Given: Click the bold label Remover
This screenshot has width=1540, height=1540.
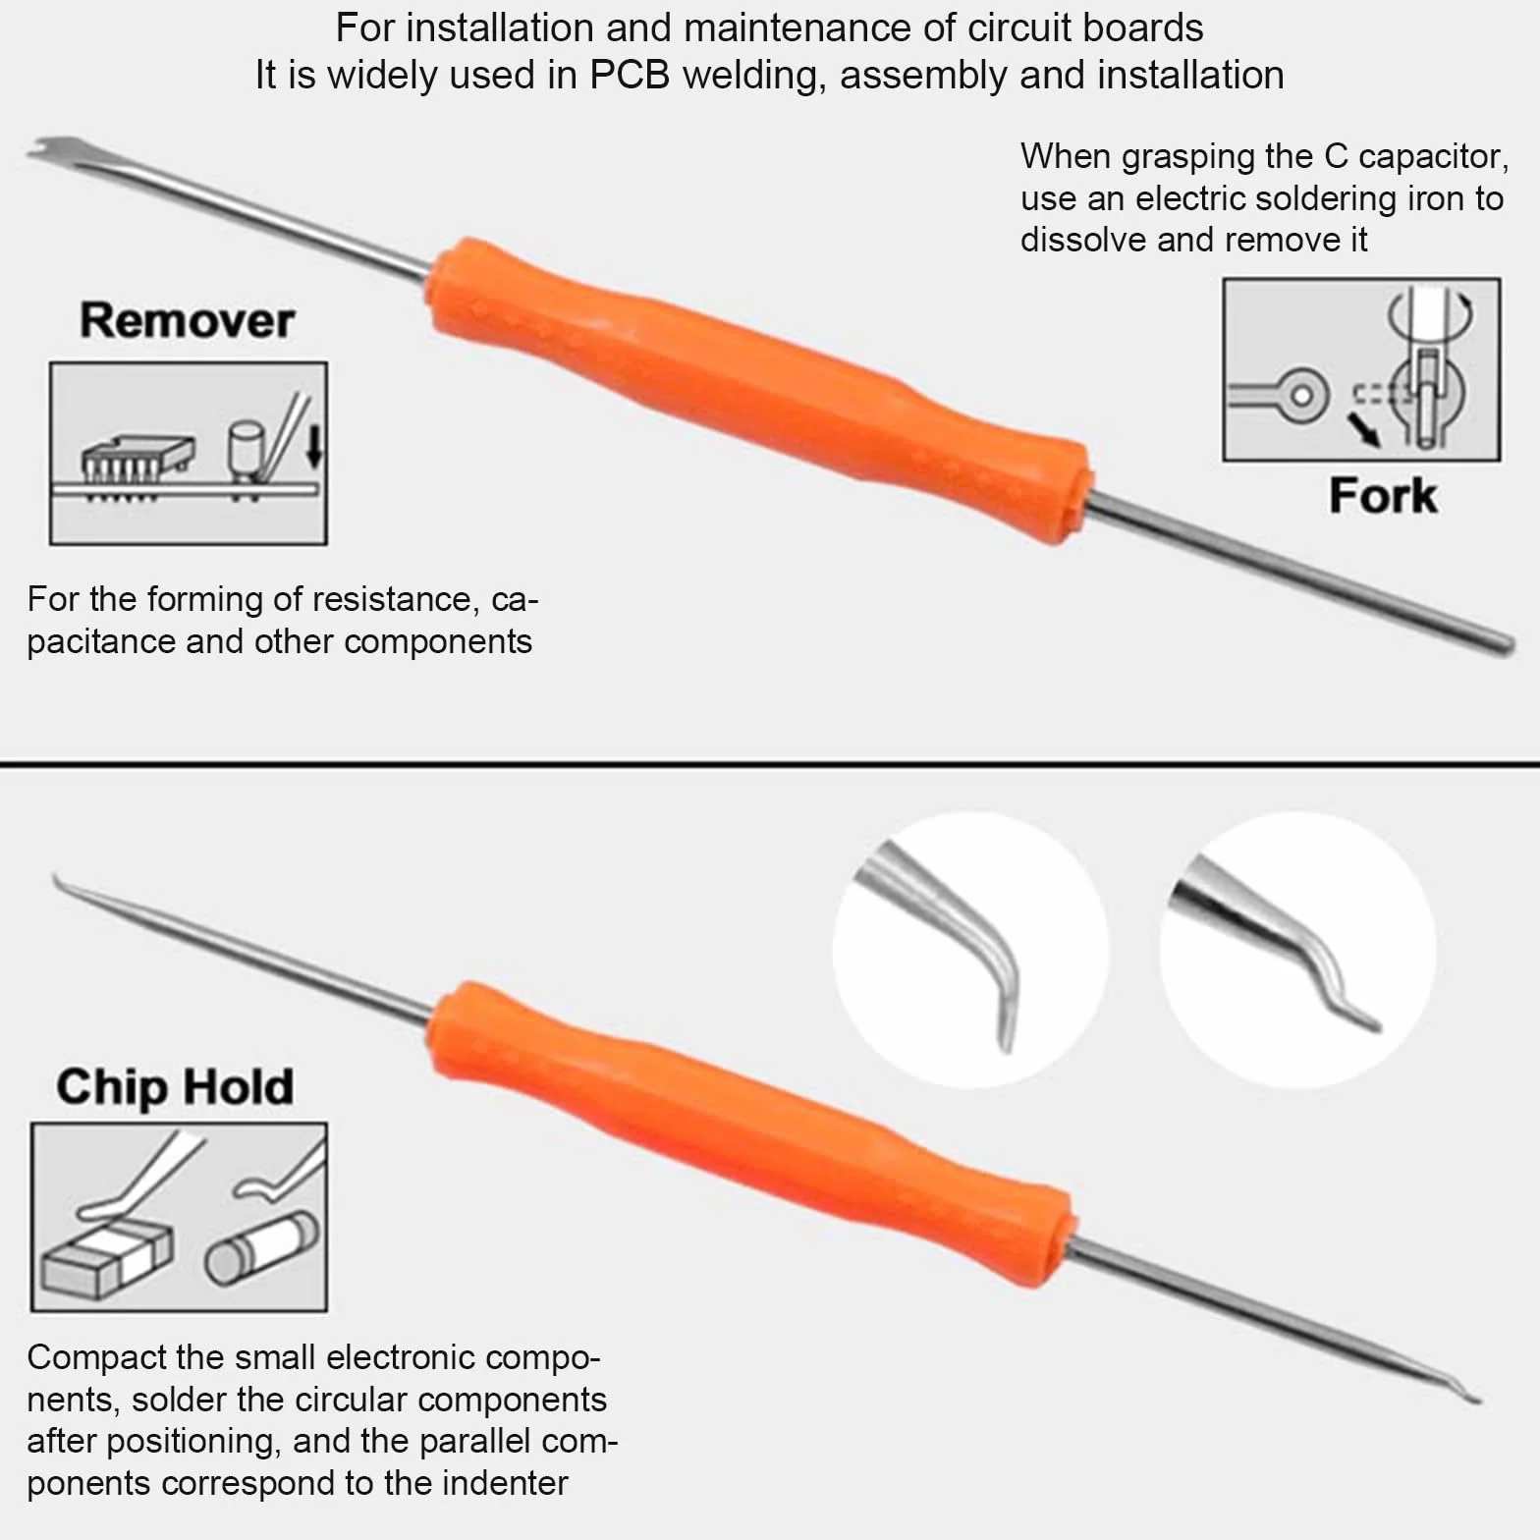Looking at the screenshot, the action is click(187, 320).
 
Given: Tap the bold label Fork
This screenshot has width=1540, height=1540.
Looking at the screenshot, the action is click(1383, 495).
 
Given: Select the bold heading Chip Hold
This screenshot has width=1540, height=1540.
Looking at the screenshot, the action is click(175, 1086).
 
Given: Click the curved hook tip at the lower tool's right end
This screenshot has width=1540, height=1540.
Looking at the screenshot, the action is click(1463, 1393).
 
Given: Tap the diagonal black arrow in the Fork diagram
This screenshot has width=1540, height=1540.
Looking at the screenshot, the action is click(1363, 428).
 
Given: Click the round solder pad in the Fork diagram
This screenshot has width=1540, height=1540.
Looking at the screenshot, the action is click(1301, 395).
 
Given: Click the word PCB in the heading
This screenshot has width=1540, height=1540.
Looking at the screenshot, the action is click(630, 75).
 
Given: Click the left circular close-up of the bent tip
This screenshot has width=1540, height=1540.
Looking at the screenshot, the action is click(970, 950).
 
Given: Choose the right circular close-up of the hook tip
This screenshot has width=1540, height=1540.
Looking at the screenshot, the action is click(1297, 950).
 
